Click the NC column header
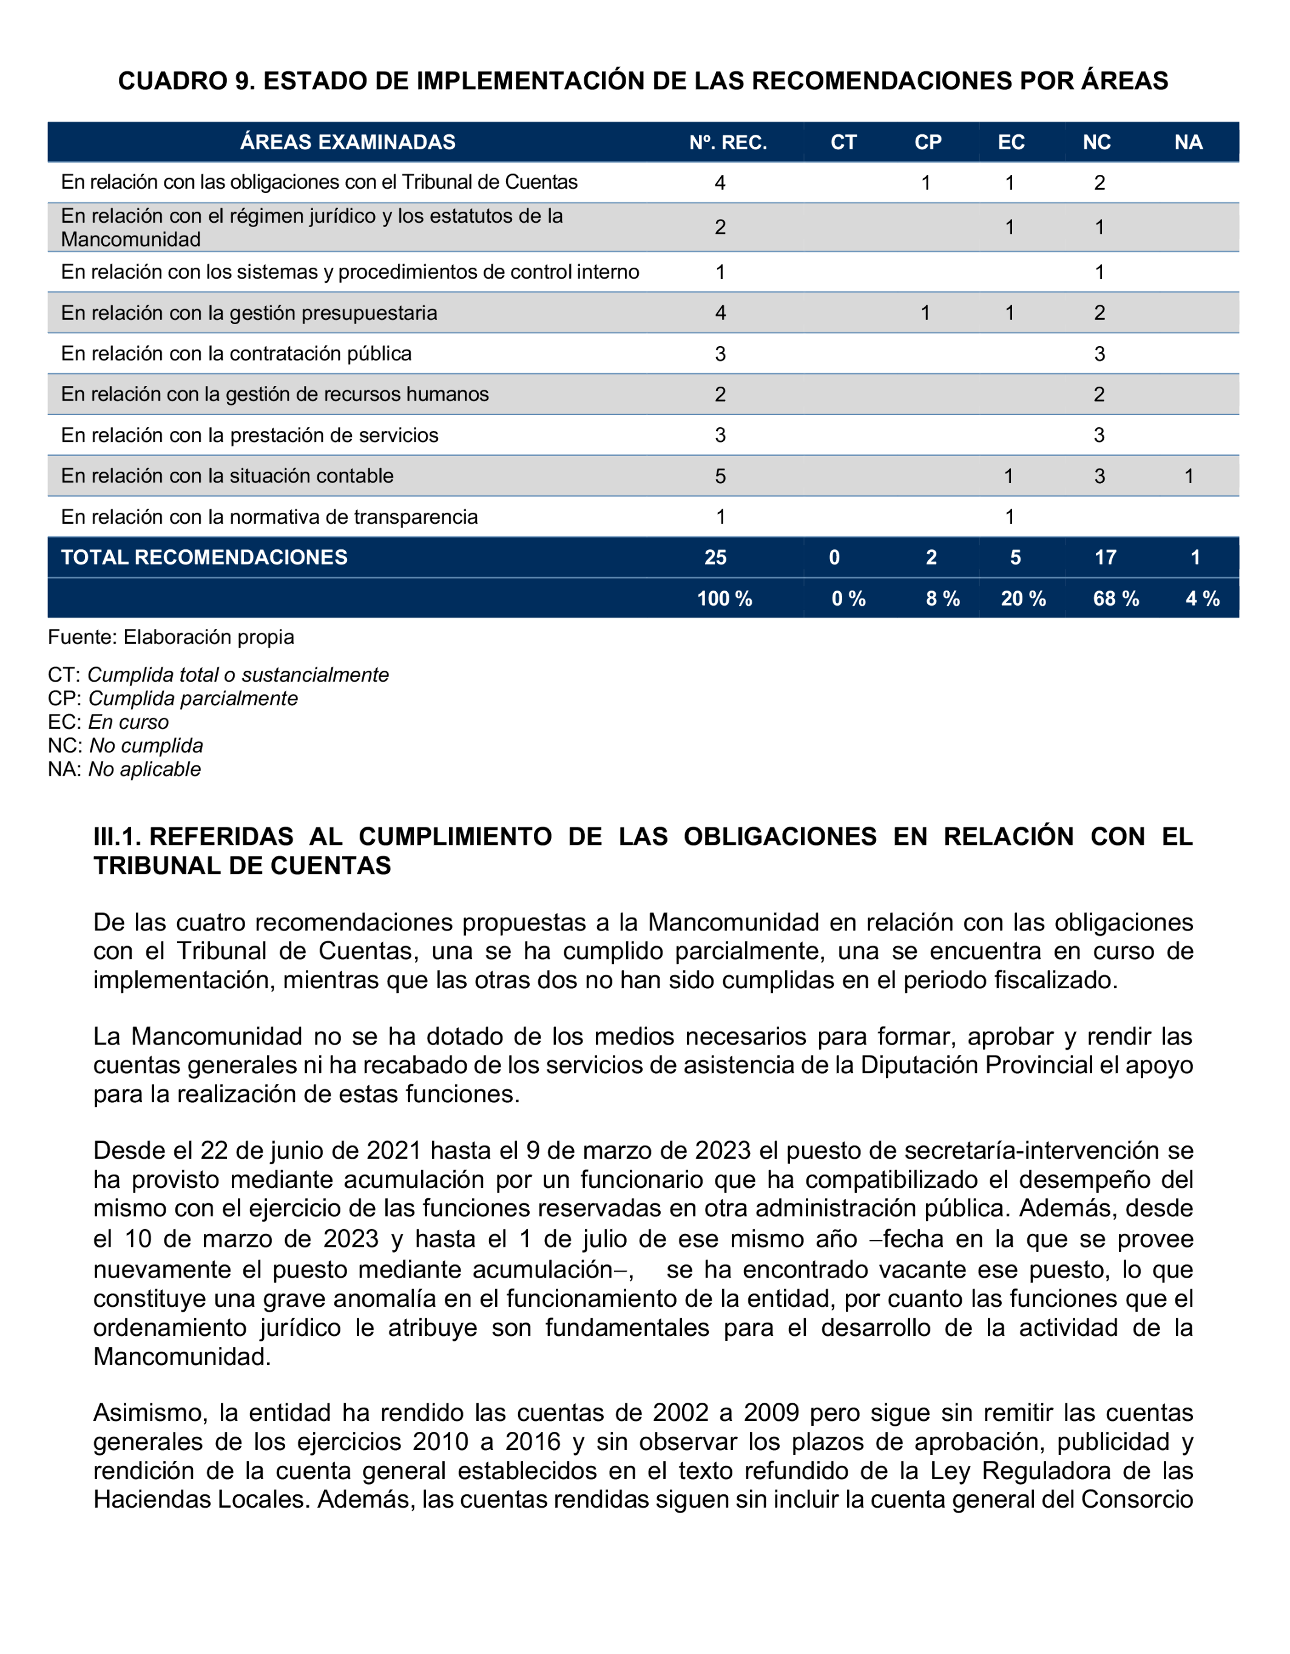[x=1096, y=143]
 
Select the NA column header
[x=1188, y=143]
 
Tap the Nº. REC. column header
[x=728, y=143]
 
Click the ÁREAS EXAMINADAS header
[x=348, y=143]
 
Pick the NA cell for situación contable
[x=1189, y=476]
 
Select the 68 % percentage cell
[x=1115, y=599]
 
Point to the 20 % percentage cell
[x=1023, y=599]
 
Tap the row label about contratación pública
[x=236, y=354]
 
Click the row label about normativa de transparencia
[x=269, y=517]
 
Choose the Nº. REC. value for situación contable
[x=720, y=476]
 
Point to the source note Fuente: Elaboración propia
[x=171, y=637]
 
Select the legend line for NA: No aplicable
[x=124, y=770]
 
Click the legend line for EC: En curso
[x=108, y=722]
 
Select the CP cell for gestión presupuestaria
[x=925, y=313]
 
